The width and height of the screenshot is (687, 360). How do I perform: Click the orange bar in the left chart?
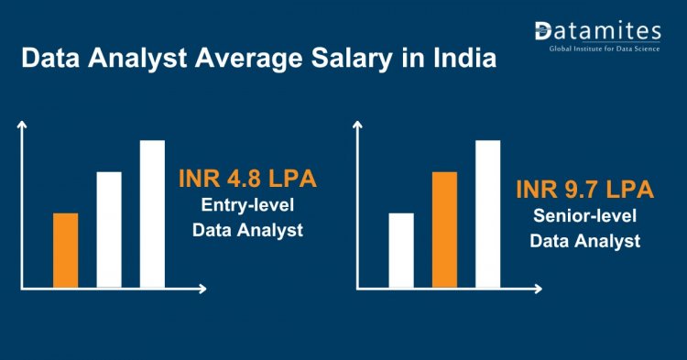click(66, 249)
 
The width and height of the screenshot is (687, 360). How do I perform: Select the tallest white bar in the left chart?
click(152, 213)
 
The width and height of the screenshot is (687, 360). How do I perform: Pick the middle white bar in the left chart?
click(109, 229)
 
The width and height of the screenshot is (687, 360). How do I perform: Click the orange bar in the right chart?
click(444, 229)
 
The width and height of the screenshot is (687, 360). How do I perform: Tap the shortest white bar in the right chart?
click(401, 249)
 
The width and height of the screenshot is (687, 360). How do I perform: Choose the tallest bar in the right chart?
click(487, 213)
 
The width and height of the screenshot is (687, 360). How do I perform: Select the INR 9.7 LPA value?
click(584, 190)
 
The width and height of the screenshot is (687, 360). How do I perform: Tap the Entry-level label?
click(247, 205)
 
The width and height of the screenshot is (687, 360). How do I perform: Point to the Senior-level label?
click(585, 217)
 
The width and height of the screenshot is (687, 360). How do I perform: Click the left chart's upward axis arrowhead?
click(23, 127)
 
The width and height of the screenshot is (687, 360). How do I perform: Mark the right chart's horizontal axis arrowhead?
click(537, 289)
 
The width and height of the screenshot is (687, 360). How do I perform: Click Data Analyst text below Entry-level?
click(247, 231)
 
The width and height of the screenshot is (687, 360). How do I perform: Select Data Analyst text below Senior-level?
click(585, 242)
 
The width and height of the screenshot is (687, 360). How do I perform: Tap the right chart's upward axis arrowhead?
click(358, 127)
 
